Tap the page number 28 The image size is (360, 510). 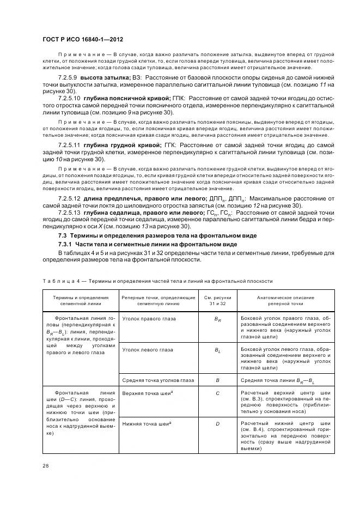coord(46,465)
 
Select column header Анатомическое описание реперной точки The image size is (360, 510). coord(283,301)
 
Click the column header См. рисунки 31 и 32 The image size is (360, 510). coord(217,301)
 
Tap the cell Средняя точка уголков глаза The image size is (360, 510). coord(157,380)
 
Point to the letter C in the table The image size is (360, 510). coord(217,392)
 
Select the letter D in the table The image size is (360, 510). coord(217,423)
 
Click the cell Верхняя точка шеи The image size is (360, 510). coord(145,392)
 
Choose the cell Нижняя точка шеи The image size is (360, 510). coord(144,423)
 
